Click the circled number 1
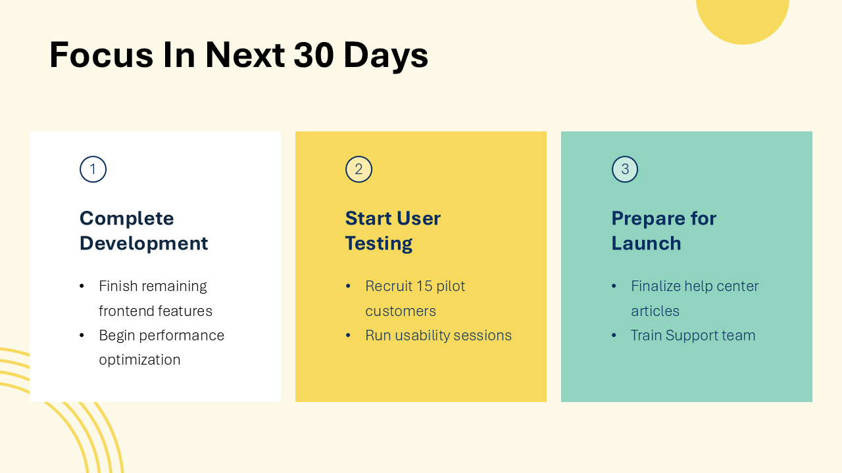click(x=93, y=169)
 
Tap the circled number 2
click(x=359, y=169)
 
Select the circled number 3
click(x=625, y=169)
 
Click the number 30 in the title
click(x=314, y=55)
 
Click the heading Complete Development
click(x=143, y=231)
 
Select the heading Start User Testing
click(x=393, y=231)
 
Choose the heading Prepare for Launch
click(x=663, y=231)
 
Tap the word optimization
click(x=139, y=360)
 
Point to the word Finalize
click(x=655, y=286)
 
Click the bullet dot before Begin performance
click(x=82, y=336)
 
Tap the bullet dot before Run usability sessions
click(x=348, y=336)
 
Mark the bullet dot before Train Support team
click(x=614, y=336)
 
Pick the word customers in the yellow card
click(x=401, y=311)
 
